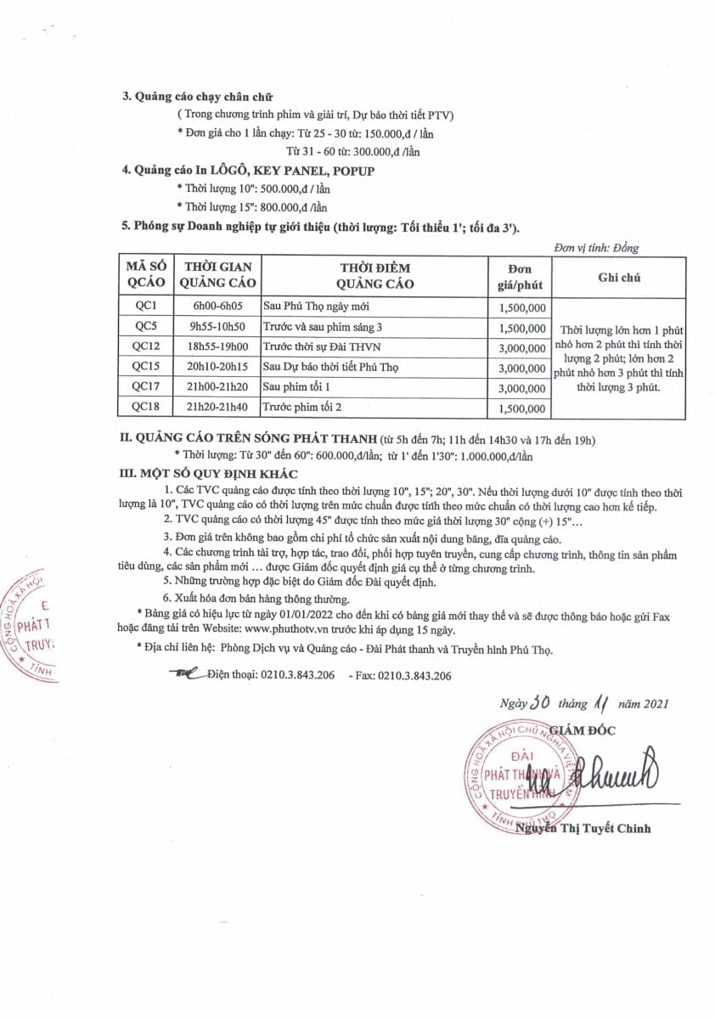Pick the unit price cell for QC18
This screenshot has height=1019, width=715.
(x=521, y=408)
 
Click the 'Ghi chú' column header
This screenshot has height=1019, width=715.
(x=619, y=277)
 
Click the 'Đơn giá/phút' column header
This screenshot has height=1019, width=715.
(x=521, y=277)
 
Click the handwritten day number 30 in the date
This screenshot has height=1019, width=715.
(x=541, y=702)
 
